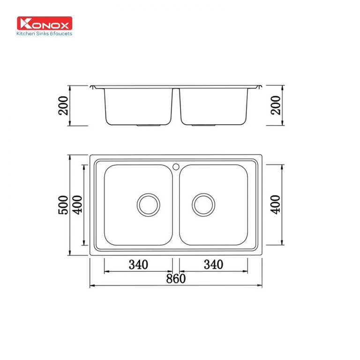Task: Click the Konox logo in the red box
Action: click(45, 23)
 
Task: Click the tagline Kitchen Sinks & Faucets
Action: click(45, 34)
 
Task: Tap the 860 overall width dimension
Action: click(176, 278)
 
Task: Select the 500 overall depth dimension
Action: click(63, 205)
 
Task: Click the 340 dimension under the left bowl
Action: click(138, 264)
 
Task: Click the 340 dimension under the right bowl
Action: click(213, 264)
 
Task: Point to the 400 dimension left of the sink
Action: click(77, 205)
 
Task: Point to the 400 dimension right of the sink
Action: click(275, 205)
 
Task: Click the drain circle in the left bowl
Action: click(149, 204)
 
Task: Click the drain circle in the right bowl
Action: click(203, 204)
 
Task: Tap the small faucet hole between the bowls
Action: click(176, 166)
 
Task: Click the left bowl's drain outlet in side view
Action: click(149, 126)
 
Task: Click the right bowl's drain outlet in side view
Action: click(203, 126)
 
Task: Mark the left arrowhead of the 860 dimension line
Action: click(92, 285)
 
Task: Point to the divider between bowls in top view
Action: click(176, 206)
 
